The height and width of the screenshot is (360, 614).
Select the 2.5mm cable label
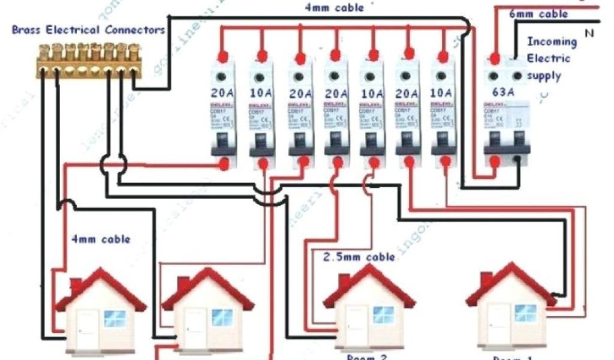pos(359,257)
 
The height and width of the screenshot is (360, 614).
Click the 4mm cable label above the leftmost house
pos(99,239)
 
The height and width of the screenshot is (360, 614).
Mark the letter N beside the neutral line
pos(589,34)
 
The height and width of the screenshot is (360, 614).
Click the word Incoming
pos(551,43)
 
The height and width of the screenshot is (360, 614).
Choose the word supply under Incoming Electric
pos(544,76)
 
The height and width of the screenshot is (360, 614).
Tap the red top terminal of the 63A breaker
pos(495,58)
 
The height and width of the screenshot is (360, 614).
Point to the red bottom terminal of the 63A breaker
pos(495,160)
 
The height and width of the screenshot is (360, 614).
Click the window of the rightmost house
pos(526,313)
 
